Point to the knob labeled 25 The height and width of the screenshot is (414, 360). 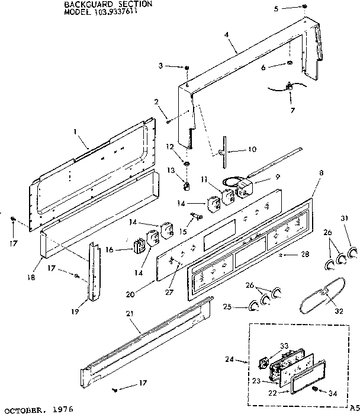254,306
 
